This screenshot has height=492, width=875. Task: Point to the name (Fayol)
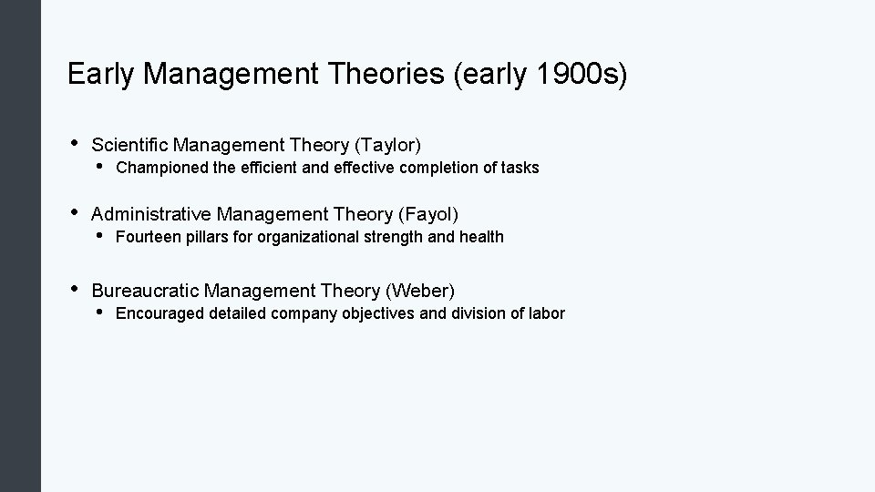coord(427,214)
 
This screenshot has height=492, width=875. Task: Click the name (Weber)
coord(420,291)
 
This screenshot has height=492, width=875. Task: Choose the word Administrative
coord(150,214)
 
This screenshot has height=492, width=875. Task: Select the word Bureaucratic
coord(145,291)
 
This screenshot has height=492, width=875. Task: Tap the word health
coord(481,237)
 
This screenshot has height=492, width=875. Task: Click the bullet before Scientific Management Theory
coord(73,143)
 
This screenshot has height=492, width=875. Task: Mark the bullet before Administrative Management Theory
coord(73,212)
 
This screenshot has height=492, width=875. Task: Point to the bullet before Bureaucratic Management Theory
coord(73,289)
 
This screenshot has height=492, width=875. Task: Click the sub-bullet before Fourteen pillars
coord(98,236)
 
